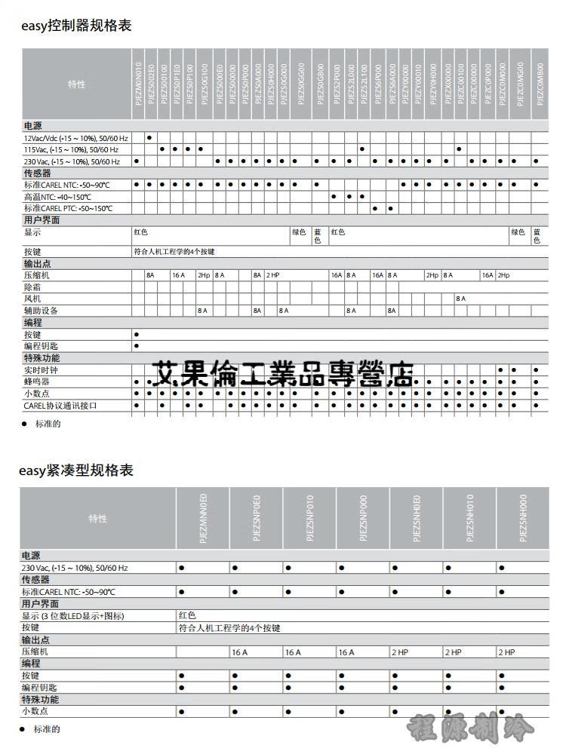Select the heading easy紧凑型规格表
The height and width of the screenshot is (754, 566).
[76, 470]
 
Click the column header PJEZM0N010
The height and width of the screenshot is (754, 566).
[137, 84]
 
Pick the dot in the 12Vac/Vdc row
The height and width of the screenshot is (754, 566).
[149, 138]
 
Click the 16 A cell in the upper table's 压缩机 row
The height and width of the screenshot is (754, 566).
[177, 275]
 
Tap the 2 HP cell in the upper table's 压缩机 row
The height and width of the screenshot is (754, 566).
[272, 275]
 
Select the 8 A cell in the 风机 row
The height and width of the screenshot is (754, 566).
[460, 299]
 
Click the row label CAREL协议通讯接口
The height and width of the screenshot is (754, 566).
[60, 406]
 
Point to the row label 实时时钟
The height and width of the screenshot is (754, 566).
[41, 370]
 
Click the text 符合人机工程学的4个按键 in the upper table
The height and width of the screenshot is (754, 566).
[174, 251]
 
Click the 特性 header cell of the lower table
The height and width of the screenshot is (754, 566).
[98, 519]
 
